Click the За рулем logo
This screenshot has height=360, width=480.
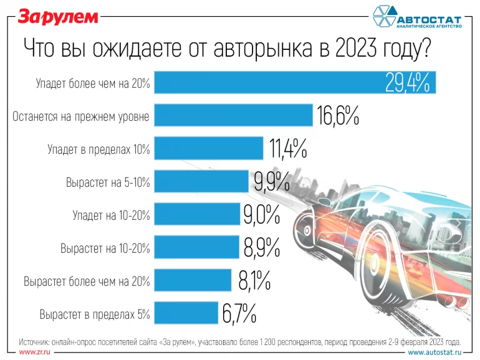point(57,17)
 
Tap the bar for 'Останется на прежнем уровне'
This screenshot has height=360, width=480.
point(233,115)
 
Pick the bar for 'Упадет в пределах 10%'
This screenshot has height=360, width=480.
point(208,148)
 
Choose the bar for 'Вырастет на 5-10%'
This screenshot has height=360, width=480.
point(201,181)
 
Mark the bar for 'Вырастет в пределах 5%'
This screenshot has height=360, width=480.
point(186,313)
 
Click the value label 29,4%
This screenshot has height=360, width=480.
point(408,83)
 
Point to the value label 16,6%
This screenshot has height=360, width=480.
point(339,116)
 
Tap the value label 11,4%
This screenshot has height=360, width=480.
point(287,149)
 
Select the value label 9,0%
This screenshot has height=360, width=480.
point(261,215)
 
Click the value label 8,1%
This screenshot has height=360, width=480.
point(254,281)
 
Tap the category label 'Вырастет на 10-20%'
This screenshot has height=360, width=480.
point(105,249)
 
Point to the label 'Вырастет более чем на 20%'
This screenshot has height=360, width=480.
point(87,282)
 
